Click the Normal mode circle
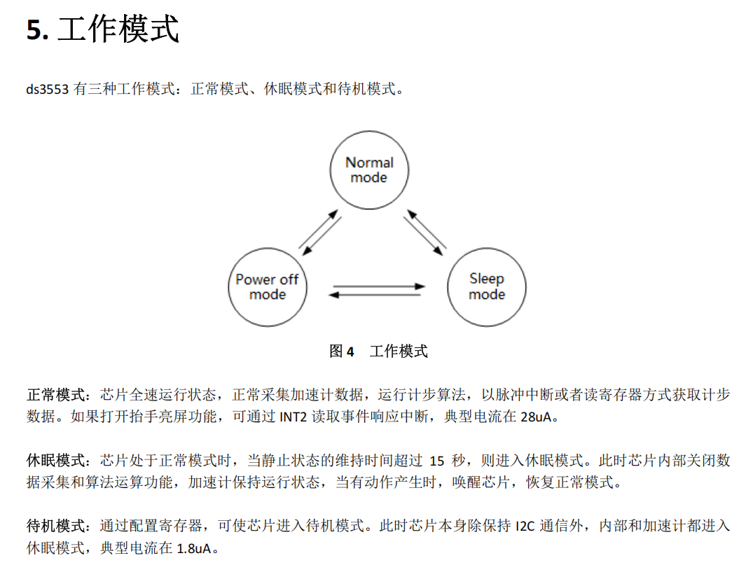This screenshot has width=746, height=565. point(369,169)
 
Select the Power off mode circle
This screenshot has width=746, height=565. point(268,287)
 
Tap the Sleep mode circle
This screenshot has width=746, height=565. point(487,287)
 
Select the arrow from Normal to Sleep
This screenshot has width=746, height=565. point(420,236)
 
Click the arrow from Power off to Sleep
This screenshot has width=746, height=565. point(379,286)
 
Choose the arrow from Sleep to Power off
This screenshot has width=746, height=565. point(375,295)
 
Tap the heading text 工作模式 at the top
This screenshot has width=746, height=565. point(118,30)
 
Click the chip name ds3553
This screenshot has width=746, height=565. point(47,90)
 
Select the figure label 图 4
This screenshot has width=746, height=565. point(342,351)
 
